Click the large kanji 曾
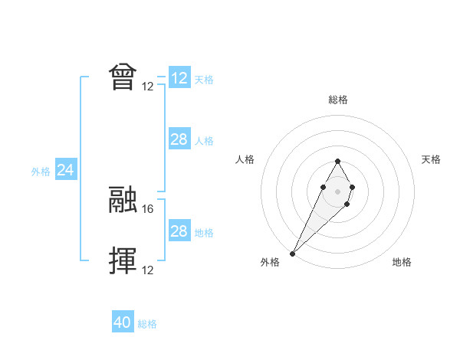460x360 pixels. (x=123, y=77)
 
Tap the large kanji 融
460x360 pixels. (x=123, y=199)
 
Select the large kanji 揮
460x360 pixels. (x=123, y=260)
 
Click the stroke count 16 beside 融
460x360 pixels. (x=149, y=208)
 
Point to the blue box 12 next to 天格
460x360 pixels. (x=179, y=78)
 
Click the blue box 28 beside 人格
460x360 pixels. (x=179, y=139)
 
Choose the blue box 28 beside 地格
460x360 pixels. (x=179, y=231)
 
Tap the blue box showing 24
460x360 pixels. (x=66, y=171)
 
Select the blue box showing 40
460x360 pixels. (x=123, y=322)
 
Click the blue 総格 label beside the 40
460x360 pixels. (x=147, y=324)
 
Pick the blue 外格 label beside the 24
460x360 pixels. (x=41, y=172)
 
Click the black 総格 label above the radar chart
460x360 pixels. (x=337, y=100)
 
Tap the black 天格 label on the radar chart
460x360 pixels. (x=432, y=159)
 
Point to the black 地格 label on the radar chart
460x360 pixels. (x=402, y=262)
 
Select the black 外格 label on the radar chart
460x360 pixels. (x=270, y=262)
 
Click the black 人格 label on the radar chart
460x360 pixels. (x=245, y=159)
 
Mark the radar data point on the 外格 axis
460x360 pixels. (x=293, y=252)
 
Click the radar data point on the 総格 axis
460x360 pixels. (x=337, y=161)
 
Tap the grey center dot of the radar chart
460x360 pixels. (x=337, y=190)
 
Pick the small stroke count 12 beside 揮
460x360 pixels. (x=149, y=270)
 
